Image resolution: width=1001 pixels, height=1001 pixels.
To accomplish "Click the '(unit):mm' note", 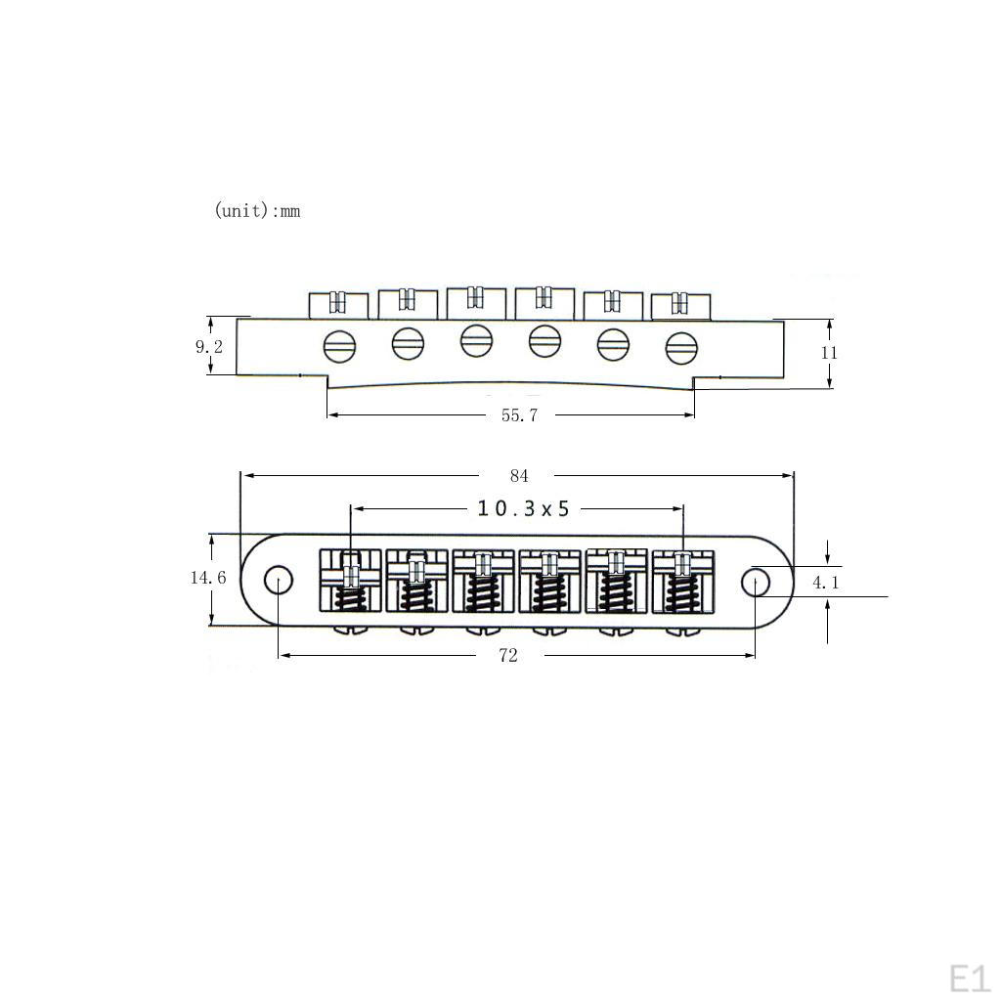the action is [257, 210].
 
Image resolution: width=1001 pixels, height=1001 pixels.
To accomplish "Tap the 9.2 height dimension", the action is [209, 347].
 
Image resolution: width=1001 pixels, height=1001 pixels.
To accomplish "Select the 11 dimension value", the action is [829, 352].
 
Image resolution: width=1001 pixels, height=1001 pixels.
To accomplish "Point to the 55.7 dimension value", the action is [519, 415].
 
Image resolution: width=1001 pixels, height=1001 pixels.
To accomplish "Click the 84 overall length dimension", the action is [519, 476].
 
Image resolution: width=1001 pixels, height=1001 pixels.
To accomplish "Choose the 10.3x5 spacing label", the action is [524, 508].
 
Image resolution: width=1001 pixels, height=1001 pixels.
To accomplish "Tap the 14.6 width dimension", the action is [208, 578].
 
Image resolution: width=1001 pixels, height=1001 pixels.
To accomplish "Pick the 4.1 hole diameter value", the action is [826, 583].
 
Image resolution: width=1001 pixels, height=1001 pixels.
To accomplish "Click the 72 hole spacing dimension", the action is [508, 656].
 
